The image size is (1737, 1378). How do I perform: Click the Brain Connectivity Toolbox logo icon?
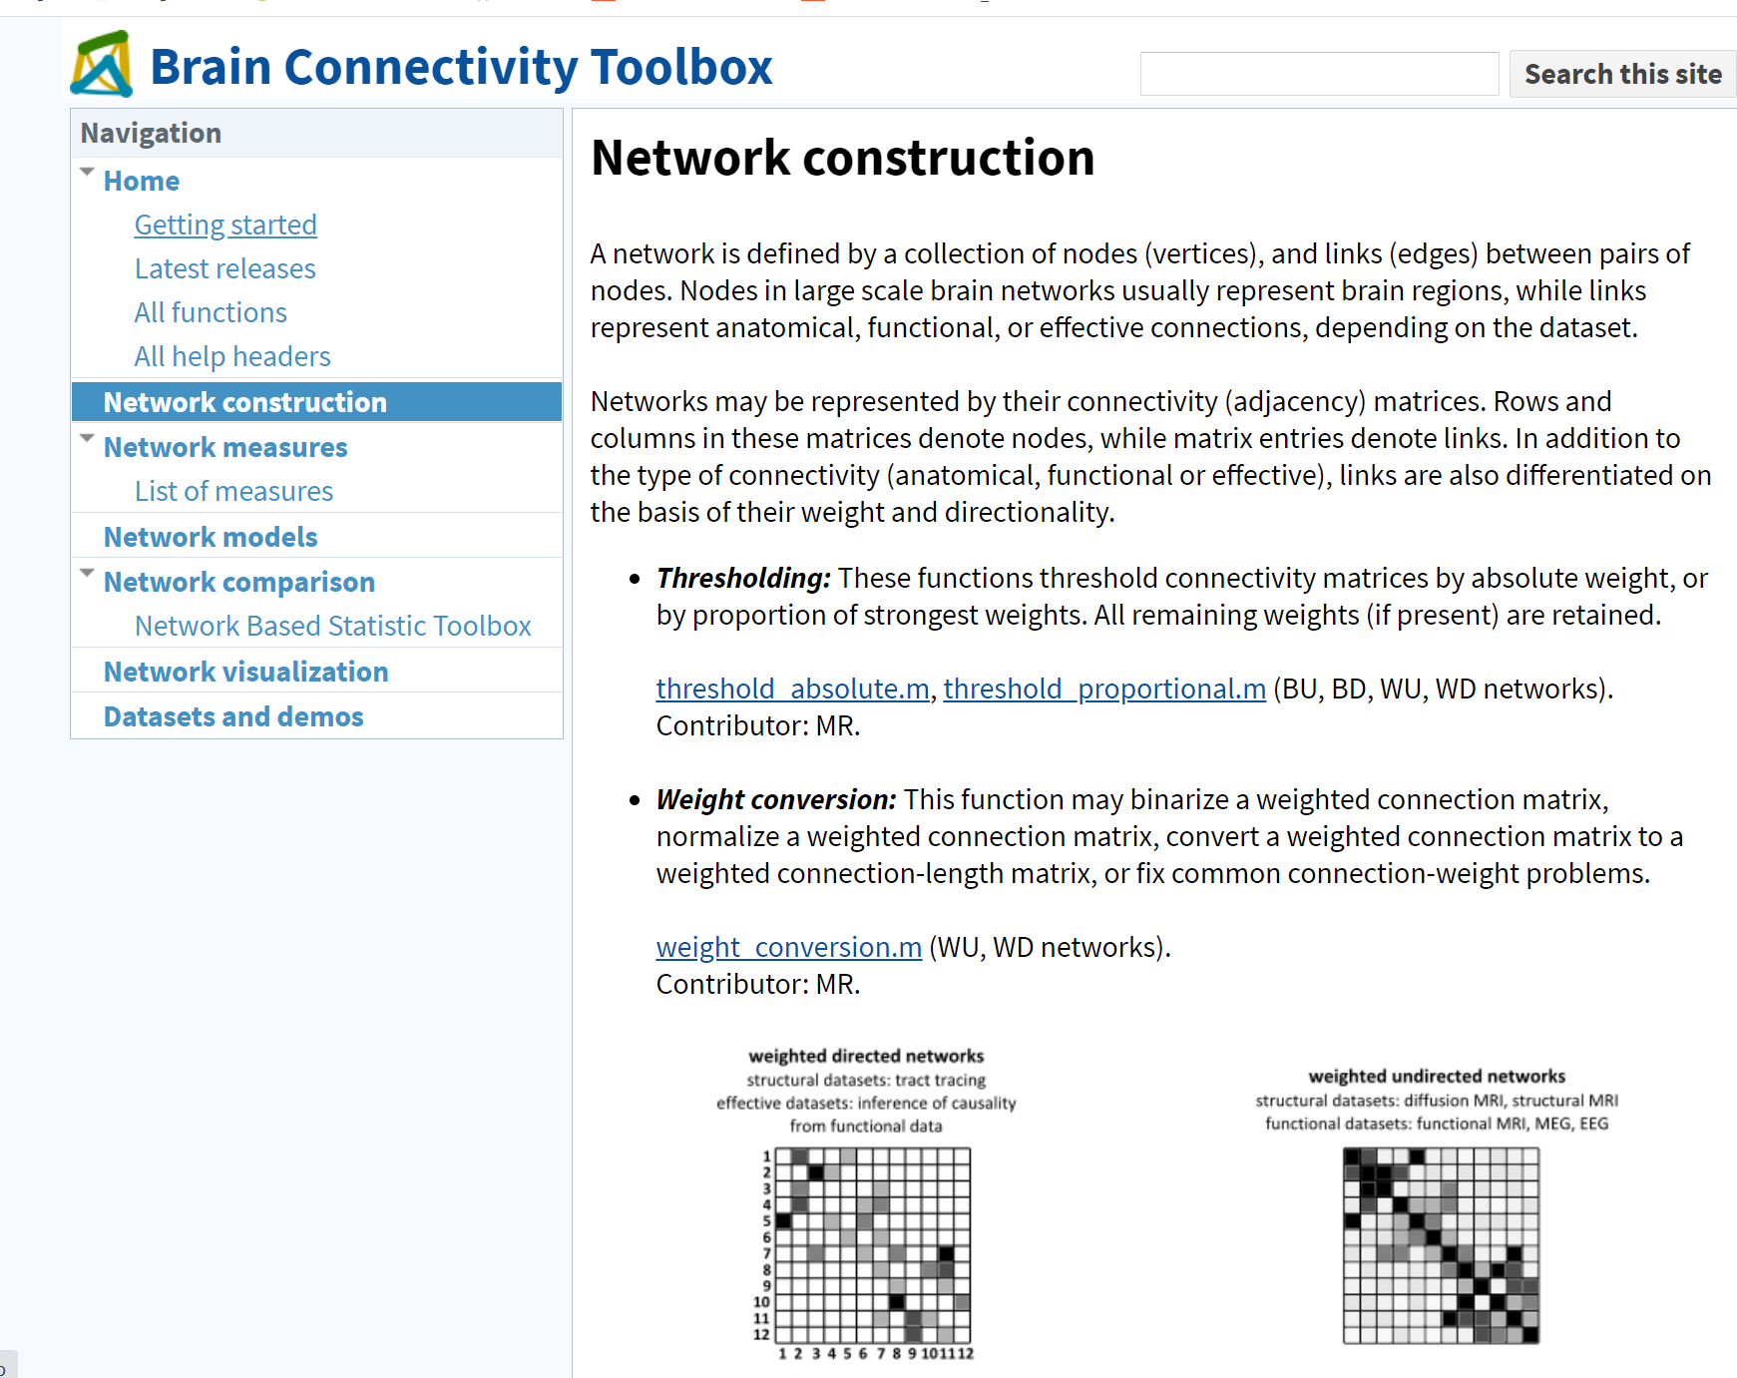(102, 65)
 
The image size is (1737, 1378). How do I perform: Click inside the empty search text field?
(1318, 74)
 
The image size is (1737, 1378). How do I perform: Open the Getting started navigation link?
(225, 225)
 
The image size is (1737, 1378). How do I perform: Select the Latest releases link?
(224, 268)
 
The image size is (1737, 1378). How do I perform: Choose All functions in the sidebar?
(211, 312)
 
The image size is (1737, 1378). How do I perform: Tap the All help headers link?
(232, 356)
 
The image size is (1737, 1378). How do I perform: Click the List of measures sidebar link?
(233, 491)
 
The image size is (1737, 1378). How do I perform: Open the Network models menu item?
(211, 537)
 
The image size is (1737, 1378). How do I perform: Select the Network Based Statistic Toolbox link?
(332, 626)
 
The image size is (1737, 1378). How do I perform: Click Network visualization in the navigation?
(245, 672)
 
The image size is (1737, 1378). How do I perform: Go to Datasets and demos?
(233, 716)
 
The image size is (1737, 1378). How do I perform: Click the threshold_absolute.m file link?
(792, 689)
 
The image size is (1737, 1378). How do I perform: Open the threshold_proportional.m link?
(1104, 689)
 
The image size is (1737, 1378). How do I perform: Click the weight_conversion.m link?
(788, 947)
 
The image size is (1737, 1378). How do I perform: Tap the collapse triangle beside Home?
(88, 173)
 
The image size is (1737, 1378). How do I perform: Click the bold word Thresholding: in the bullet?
(743, 578)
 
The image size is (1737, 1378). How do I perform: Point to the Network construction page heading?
(842, 158)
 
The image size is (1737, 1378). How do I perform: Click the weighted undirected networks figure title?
(1437, 1076)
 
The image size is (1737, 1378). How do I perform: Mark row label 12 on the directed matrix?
(761, 1334)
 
